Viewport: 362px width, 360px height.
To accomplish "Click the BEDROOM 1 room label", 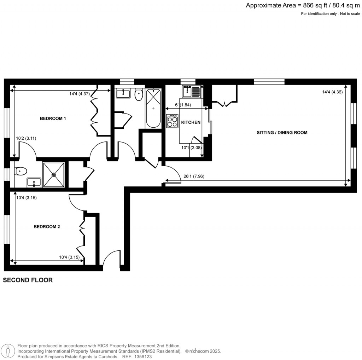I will pos(53,118).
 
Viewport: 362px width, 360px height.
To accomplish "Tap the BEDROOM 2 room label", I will pos(47,227).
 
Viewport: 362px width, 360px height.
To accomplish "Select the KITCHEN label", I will pos(191,122).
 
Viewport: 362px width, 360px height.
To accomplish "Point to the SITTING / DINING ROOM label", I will pos(282,133).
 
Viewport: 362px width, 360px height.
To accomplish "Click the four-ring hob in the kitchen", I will pos(172,122).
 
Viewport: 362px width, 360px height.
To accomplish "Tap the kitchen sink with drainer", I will pos(192,92).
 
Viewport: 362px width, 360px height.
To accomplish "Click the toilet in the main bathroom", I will pos(139,94).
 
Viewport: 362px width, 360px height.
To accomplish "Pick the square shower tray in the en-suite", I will pos(53,174).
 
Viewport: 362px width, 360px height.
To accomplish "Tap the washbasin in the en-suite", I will pos(34,182).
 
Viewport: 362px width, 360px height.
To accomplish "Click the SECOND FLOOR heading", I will pos(28,280).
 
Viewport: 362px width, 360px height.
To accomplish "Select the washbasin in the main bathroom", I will pos(124,94).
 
